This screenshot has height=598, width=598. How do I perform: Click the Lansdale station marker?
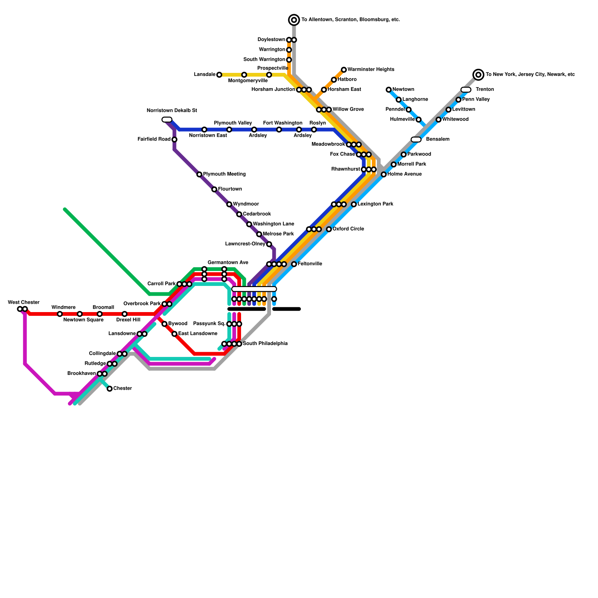tap(219, 75)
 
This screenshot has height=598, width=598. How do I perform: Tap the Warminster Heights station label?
tap(370, 70)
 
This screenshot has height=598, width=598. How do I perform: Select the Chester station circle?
tap(110, 389)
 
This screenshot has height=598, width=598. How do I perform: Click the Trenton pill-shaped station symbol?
tap(466, 90)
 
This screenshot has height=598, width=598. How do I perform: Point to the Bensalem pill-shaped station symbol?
tap(416, 139)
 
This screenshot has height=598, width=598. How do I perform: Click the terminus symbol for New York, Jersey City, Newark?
tap(478, 75)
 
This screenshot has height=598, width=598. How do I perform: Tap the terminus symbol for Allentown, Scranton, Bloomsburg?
tap(294, 20)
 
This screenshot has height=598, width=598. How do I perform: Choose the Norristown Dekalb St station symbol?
tap(167, 120)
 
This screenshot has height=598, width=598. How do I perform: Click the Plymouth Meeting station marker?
tap(199, 175)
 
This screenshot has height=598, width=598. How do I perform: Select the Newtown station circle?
tap(389, 90)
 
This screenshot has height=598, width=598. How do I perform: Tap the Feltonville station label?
tap(310, 264)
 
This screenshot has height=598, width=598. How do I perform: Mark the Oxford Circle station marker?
tap(329, 229)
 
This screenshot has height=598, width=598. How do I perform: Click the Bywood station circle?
tap(164, 324)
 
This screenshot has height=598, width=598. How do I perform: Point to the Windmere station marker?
tap(60, 314)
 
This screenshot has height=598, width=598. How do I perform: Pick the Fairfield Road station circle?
tap(174, 139)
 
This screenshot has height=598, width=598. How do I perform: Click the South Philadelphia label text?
tap(265, 343)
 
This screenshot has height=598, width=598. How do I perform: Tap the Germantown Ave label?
tap(228, 263)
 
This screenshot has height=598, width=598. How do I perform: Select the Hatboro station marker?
tap(334, 80)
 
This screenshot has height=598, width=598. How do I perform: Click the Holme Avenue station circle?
tap(383, 175)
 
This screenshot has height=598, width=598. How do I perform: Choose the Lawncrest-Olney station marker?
tap(269, 244)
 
